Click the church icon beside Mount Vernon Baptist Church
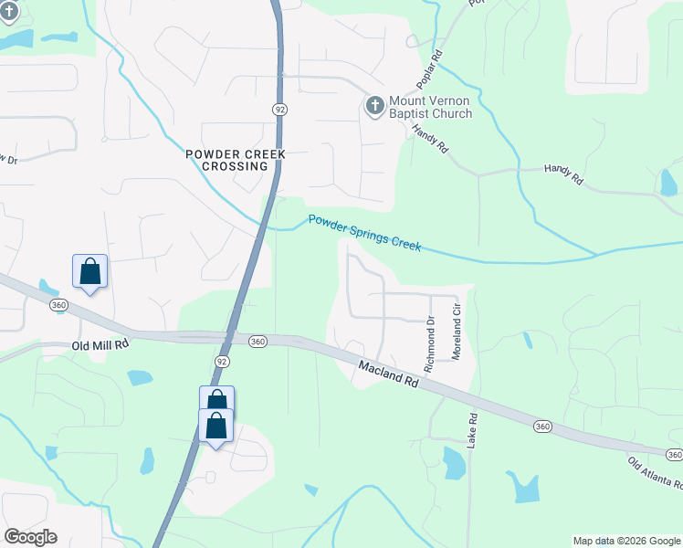[373, 106]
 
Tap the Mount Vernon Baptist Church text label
[431, 108]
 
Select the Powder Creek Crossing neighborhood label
[236, 161]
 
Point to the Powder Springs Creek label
[364, 233]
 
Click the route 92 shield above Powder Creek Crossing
[279, 109]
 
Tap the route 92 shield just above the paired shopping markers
[222, 362]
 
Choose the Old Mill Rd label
[100, 346]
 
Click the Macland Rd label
[388, 374]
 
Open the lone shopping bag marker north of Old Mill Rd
[89, 272]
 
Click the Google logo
[30, 537]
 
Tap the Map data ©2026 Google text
[625, 541]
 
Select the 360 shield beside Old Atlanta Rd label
[674, 454]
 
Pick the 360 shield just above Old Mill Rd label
[59, 304]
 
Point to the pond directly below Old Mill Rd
[141, 377]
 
